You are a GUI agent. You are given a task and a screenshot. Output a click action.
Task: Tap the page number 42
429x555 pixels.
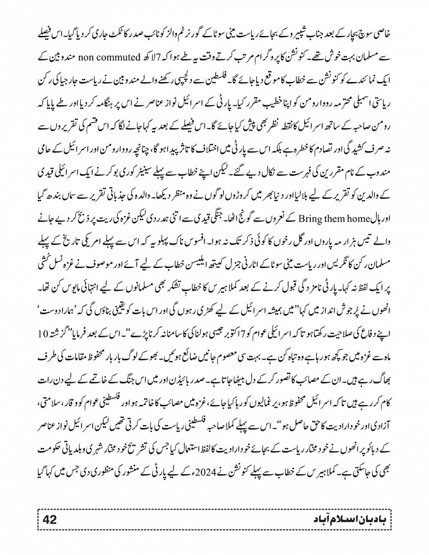51,518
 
